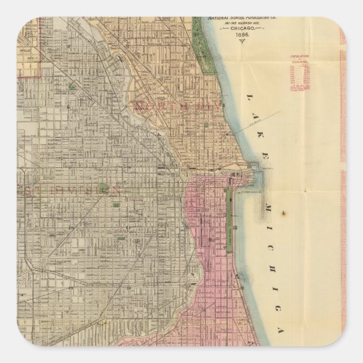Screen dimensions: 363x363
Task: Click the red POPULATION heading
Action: [299, 57]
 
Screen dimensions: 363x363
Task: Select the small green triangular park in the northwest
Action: [72, 86]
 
